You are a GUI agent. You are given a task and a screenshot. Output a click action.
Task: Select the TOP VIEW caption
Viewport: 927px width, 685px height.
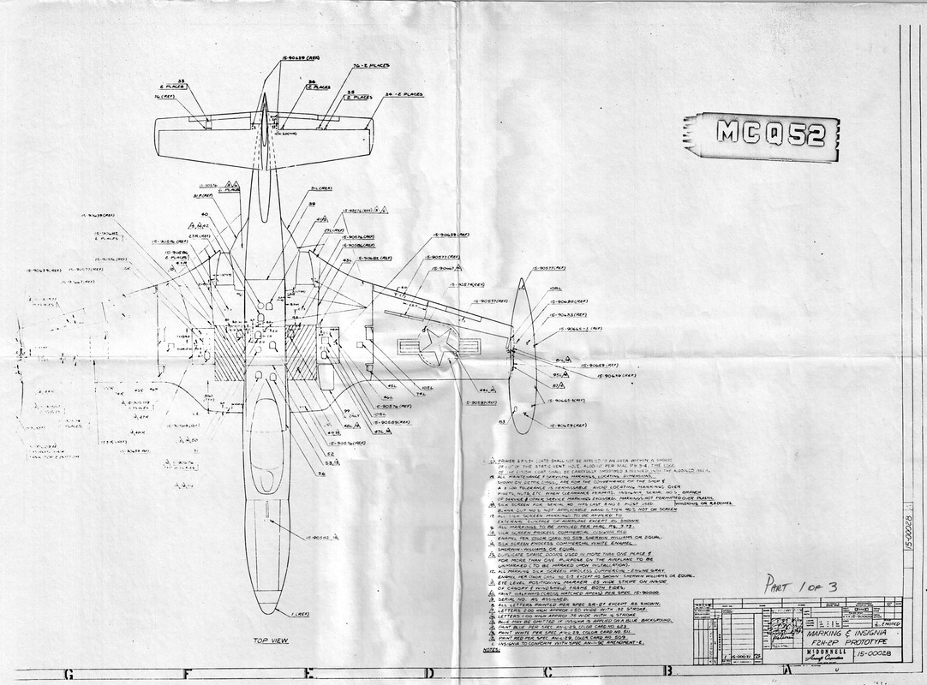point(272,640)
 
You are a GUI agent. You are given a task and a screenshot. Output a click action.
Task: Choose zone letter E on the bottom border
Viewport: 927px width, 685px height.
point(307,674)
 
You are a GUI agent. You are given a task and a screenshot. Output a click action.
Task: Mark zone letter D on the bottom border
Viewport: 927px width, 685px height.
point(427,674)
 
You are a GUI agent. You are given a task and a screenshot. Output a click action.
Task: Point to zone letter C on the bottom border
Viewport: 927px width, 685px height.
point(547,674)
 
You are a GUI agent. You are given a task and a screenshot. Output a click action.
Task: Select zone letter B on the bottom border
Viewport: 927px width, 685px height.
point(666,674)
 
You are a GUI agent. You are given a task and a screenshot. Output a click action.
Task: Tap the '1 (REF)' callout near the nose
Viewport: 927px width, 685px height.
point(301,614)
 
